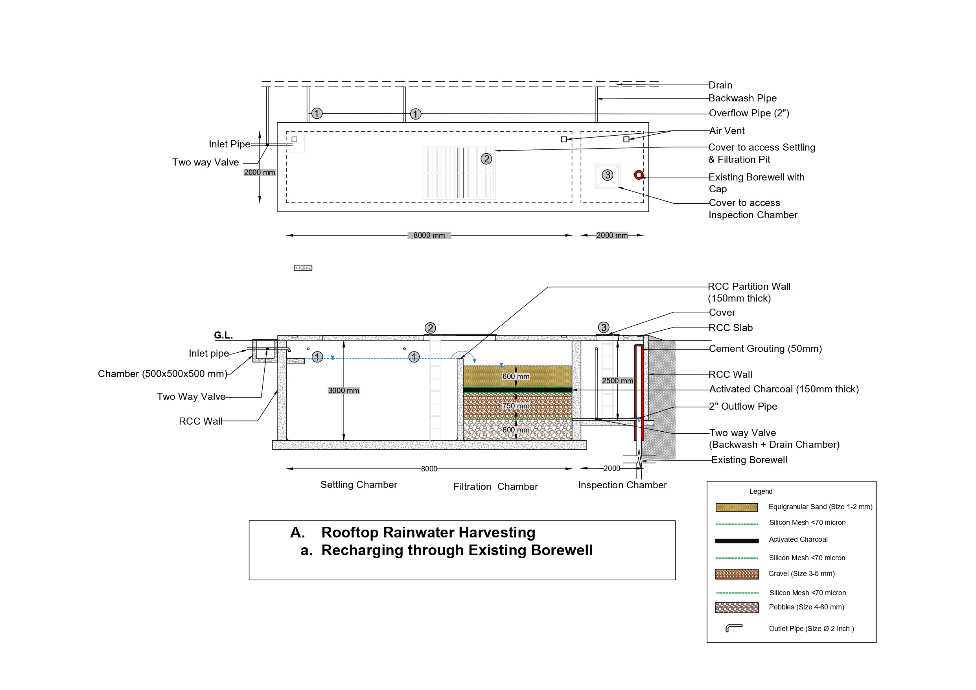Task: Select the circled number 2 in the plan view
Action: coord(486,159)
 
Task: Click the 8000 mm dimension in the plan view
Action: coord(429,235)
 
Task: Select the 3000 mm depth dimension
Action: coord(343,391)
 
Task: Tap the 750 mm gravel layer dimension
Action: coord(516,406)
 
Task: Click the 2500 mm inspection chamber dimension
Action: coord(617,381)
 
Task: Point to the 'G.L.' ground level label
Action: coord(223,335)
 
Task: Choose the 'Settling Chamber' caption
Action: coord(358,485)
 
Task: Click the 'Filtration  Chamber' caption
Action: coord(495,486)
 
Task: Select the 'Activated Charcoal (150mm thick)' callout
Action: coord(783,389)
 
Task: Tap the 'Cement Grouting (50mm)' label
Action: coord(765,349)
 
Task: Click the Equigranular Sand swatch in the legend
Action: coord(736,507)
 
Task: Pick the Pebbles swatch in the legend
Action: coord(736,607)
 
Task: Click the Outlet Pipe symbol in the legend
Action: coord(734,628)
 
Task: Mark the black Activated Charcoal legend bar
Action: coord(736,541)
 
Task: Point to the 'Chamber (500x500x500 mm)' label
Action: coord(162,374)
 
